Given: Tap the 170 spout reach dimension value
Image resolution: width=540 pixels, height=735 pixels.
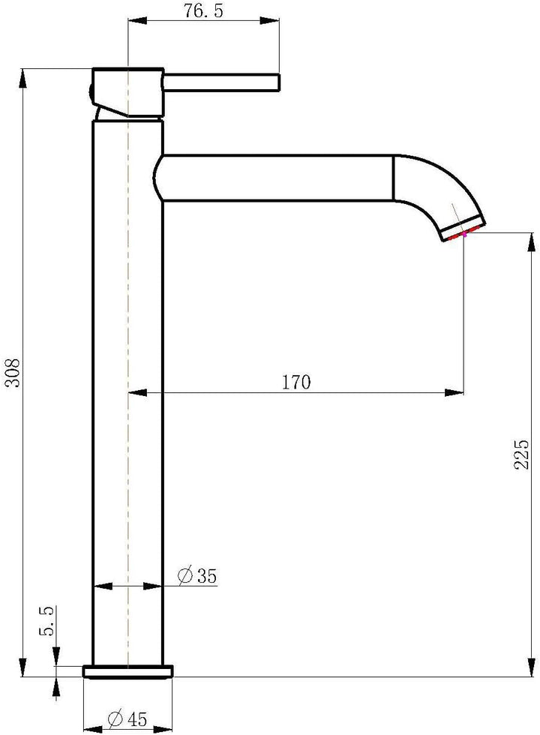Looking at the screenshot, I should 295,382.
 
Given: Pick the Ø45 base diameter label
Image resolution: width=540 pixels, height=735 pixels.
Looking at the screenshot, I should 127,718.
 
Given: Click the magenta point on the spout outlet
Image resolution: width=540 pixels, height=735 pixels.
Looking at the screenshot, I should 465,235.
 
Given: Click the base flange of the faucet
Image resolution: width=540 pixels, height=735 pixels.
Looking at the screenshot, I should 127,670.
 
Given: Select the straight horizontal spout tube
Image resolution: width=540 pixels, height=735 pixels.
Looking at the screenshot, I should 277,178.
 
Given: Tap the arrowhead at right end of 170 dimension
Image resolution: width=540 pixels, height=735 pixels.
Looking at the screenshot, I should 455,392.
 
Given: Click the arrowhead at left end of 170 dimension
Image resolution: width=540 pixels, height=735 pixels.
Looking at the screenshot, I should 137,392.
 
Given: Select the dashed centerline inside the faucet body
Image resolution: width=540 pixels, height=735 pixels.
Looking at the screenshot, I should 129,375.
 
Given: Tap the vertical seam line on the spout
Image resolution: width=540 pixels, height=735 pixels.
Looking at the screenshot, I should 394,178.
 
